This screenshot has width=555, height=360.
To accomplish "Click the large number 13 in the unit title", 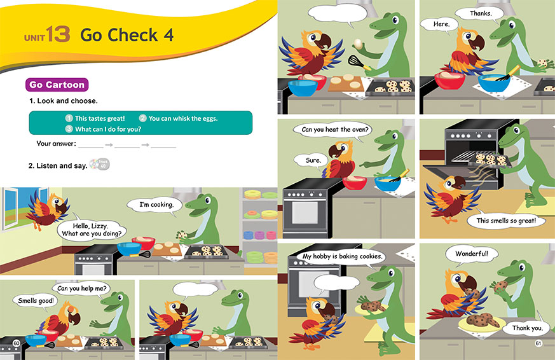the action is click(x=58, y=34).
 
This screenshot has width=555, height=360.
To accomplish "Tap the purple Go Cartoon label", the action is click(x=57, y=85).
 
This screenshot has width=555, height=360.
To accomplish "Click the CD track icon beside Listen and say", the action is click(x=100, y=164).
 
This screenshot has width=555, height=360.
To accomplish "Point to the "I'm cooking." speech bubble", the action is click(x=156, y=205).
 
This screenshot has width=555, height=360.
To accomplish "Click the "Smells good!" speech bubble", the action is click(x=36, y=301).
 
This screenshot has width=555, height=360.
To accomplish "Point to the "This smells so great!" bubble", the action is click(x=506, y=221).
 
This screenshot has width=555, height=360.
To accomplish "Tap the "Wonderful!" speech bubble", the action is click(x=472, y=254).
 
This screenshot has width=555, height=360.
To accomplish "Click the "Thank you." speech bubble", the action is click(x=527, y=328).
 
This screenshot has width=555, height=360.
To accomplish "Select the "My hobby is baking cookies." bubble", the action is click(x=342, y=256).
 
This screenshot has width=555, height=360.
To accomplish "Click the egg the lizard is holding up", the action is click(x=358, y=44).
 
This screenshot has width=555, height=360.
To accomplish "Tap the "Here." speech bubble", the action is click(x=441, y=24).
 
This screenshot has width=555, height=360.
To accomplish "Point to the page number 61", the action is click(x=538, y=343).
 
